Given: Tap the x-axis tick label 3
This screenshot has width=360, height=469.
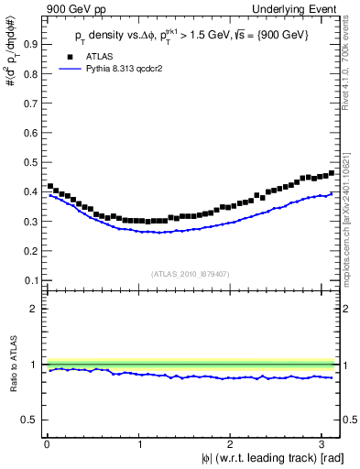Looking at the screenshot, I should pyautogui.click(x=325, y=445).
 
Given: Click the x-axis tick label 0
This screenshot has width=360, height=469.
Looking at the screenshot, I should pyautogui.click(x=47, y=445).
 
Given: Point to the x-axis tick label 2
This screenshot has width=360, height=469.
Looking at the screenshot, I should pyautogui.click(x=233, y=445).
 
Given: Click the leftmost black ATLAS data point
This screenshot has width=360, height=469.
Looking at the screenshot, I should pyautogui.click(x=50, y=186).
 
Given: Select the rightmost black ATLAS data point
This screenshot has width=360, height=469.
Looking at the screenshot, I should pyautogui.click(x=332, y=172).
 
